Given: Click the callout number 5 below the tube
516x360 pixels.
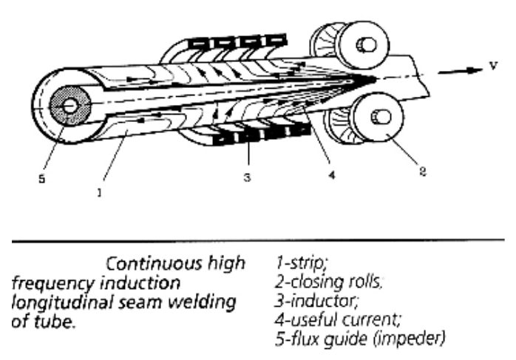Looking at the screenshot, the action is tap(41, 179).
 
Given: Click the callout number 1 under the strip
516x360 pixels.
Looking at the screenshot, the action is tap(99, 192).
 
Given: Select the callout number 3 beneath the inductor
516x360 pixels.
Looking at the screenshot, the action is tap(247, 177).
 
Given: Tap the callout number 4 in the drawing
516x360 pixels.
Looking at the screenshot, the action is tap(332, 174).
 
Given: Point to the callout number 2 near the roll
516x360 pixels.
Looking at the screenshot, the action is tap(423, 171).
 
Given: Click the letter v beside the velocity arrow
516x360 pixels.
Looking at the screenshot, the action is tap(493, 66).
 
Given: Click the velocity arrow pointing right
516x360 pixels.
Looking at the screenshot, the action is tap(461, 71).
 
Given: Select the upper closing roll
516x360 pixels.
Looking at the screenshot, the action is tap(350, 45).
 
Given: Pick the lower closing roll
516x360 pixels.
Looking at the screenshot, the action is tap(364, 118).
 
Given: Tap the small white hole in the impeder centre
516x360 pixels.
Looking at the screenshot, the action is tap(69, 106).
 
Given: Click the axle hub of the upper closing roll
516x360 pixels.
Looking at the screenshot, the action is tap(367, 45).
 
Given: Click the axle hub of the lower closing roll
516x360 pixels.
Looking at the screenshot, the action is tap(381, 117).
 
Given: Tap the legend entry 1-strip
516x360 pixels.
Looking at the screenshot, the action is tap(302, 262).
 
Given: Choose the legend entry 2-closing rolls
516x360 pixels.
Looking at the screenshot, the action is tap(329, 282).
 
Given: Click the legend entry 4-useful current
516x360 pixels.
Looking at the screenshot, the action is tap(338, 319).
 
